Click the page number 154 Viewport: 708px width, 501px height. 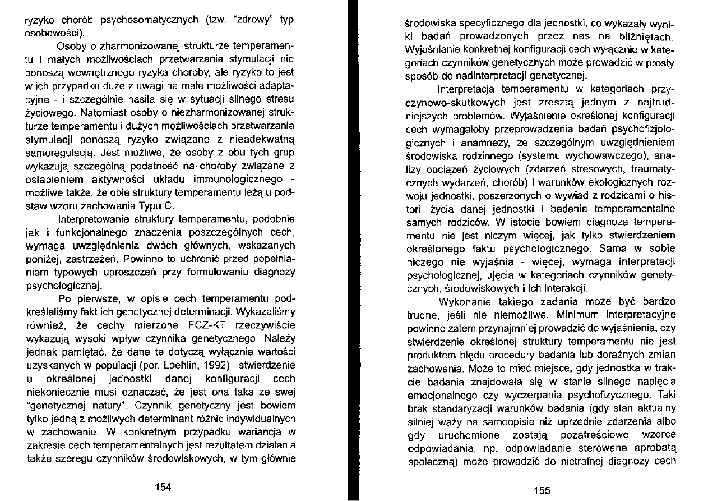[x=163, y=487]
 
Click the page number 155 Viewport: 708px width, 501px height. [x=542, y=490]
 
